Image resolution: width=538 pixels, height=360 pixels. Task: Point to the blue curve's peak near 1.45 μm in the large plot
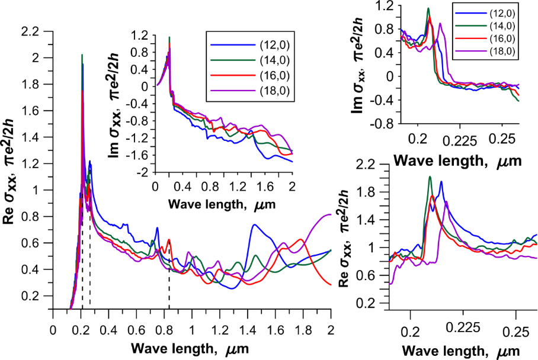[x=255, y=225]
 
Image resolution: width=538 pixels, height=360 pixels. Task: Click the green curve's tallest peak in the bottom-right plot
[x=430, y=177]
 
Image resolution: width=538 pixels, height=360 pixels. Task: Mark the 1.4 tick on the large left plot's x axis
[x=247, y=330]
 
